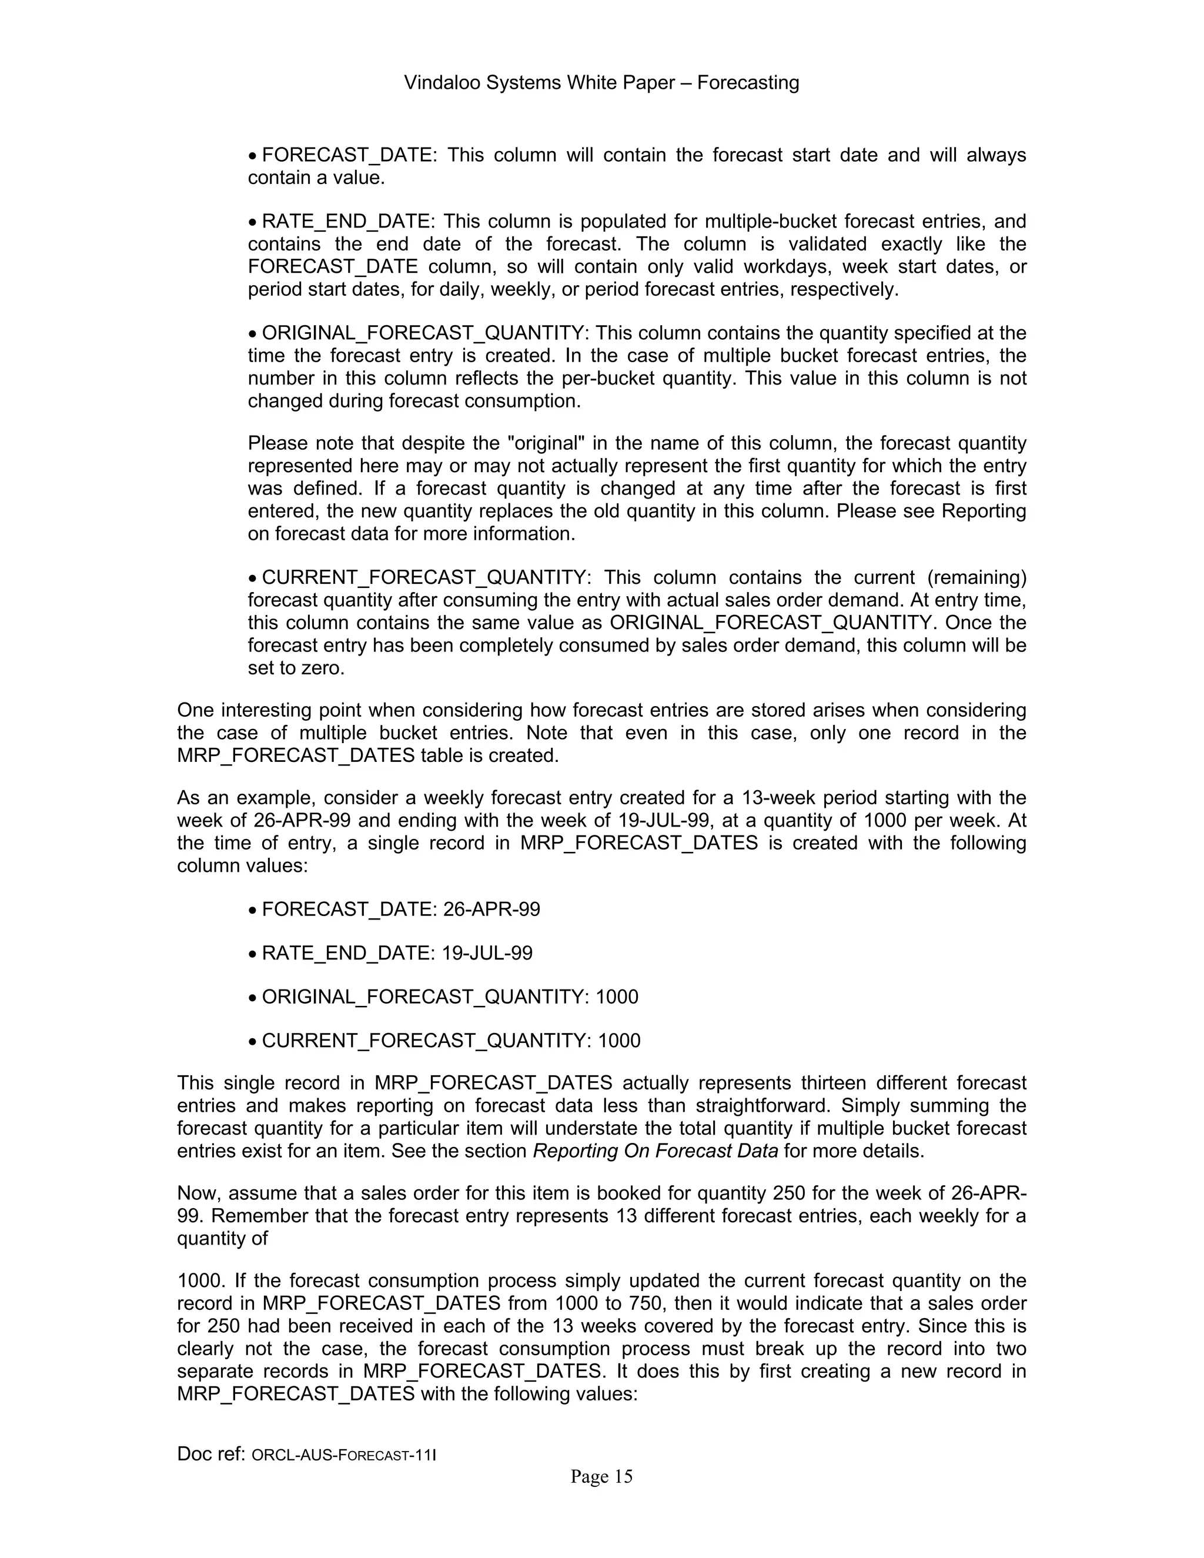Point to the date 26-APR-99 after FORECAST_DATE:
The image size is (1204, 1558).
(491, 910)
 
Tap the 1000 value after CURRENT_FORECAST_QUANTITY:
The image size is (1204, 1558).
(619, 1041)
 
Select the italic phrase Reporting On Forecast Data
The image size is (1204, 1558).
(655, 1151)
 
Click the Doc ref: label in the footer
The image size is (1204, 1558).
(212, 1454)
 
